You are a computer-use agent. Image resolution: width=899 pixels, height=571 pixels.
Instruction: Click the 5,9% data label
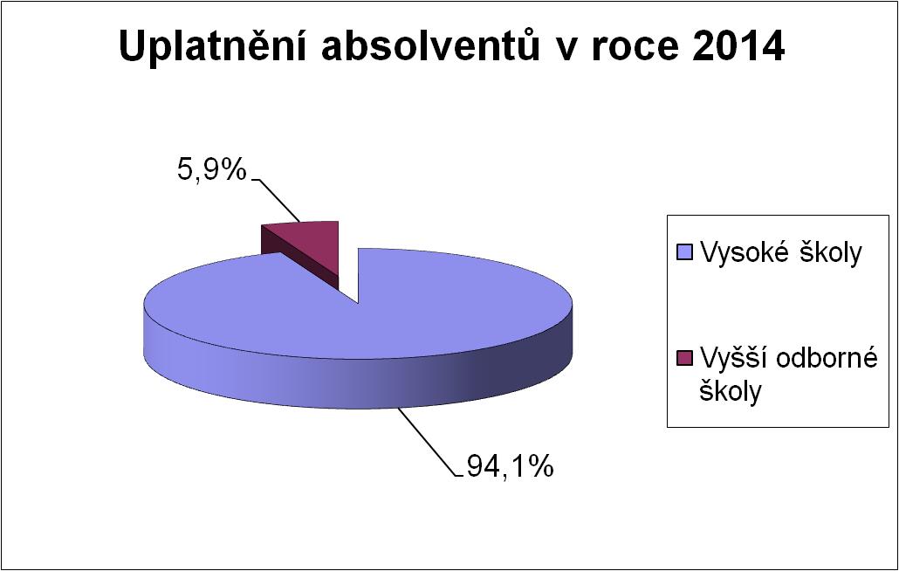tap(211, 169)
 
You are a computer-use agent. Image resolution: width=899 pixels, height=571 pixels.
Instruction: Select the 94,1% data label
tap(510, 466)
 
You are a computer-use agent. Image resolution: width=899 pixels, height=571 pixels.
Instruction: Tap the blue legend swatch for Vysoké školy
tap(684, 251)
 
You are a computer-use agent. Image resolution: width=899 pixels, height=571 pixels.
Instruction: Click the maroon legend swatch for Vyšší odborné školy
tap(684, 357)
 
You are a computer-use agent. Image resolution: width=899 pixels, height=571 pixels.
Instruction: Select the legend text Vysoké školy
tap(780, 253)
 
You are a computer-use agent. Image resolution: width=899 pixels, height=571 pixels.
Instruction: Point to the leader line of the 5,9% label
tap(275, 201)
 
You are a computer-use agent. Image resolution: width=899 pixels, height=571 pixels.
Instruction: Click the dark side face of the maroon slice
tap(299, 257)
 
